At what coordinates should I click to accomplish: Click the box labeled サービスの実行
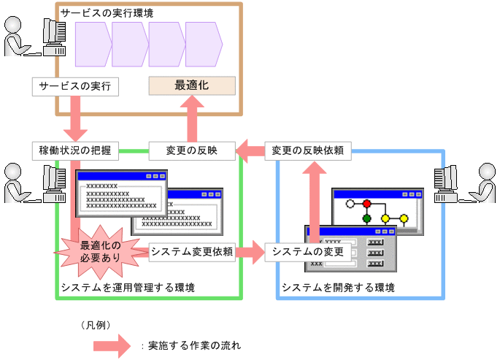pos(75,86)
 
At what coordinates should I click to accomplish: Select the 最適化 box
pos(192,85)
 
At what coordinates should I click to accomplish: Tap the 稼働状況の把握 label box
pos(75,150)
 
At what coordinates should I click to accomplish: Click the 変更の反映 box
pos(192,150)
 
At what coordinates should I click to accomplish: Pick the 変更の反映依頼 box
pos(308,150)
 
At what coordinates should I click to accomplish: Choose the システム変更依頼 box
pos(192,252)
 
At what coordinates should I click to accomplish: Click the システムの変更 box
pos(308,252)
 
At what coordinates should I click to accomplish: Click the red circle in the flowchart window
pos(367,204)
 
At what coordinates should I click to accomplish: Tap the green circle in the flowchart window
pos(367,218)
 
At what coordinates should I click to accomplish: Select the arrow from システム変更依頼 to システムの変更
pos(250,252)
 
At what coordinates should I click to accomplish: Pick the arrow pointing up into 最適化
pos(192,117)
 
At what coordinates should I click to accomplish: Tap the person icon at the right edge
pos(483,183)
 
